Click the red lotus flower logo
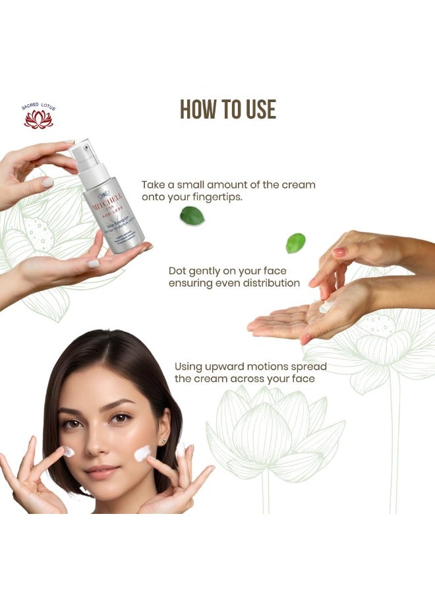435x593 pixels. (x=38, y=119)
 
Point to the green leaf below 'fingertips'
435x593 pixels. (x=192, y=215)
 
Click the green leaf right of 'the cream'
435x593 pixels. (x=295, y=242)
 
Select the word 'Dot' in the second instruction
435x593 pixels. (x=178, y=270)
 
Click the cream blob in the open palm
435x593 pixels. (x=325, y=306)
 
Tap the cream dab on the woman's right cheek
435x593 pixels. (x=69, y=451)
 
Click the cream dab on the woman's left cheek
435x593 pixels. (x=142, y=453)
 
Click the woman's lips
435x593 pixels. (x=102, y=472)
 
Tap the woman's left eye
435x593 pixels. (x=121, y=418)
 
